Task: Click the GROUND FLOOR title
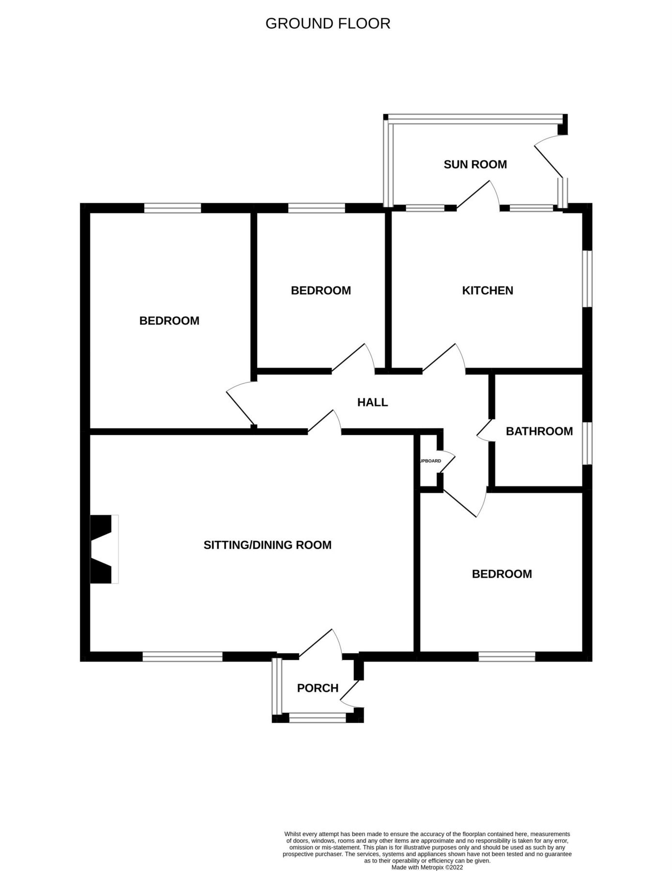coord(328,24)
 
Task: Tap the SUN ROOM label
coord(475,165)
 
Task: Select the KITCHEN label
coord(487,290)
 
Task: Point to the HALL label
coord(372,402)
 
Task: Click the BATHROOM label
coord(539,431)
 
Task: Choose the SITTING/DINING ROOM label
coord(267,545)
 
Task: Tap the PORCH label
coord(317,688)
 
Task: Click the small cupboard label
coord(430,461)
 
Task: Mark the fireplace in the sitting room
coord(104,549)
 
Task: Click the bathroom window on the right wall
coord(587,443)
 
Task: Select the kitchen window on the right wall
coord(587,278)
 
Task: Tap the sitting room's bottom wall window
coord(182,657)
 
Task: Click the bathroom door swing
coord(485,430)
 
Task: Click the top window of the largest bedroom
coord(172,208)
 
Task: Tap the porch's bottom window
coord(317,718)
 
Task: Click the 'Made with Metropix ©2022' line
coord(427,868)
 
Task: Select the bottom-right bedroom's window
coord(506,657)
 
